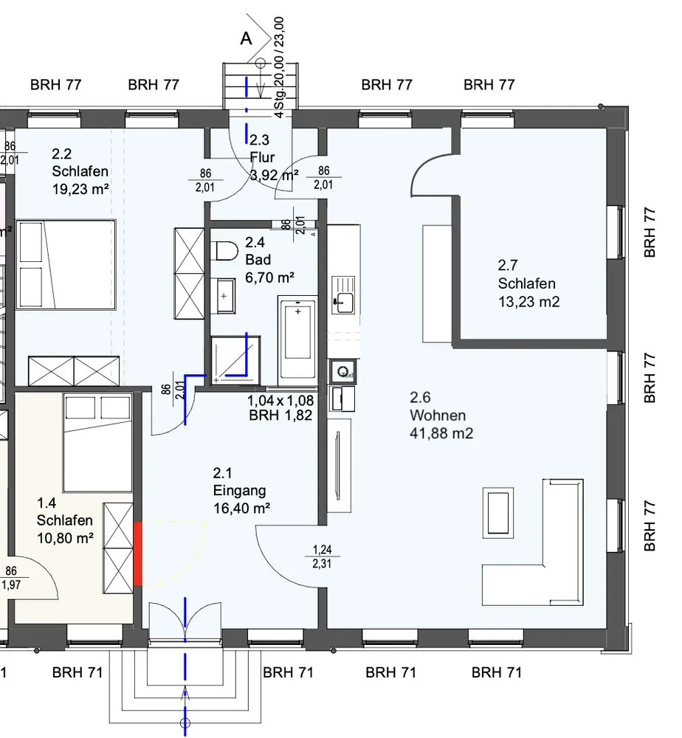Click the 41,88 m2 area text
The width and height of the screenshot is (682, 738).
441,433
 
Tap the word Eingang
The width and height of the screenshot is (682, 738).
240,491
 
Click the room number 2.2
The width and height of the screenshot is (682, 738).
62,154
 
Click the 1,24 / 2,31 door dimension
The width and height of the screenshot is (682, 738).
322,556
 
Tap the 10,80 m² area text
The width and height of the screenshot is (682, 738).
65,537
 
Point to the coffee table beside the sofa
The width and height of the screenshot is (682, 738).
499,512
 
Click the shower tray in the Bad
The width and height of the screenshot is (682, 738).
236,359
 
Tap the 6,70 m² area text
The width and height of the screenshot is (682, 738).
269,277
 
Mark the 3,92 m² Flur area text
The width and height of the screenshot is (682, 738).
273,175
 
